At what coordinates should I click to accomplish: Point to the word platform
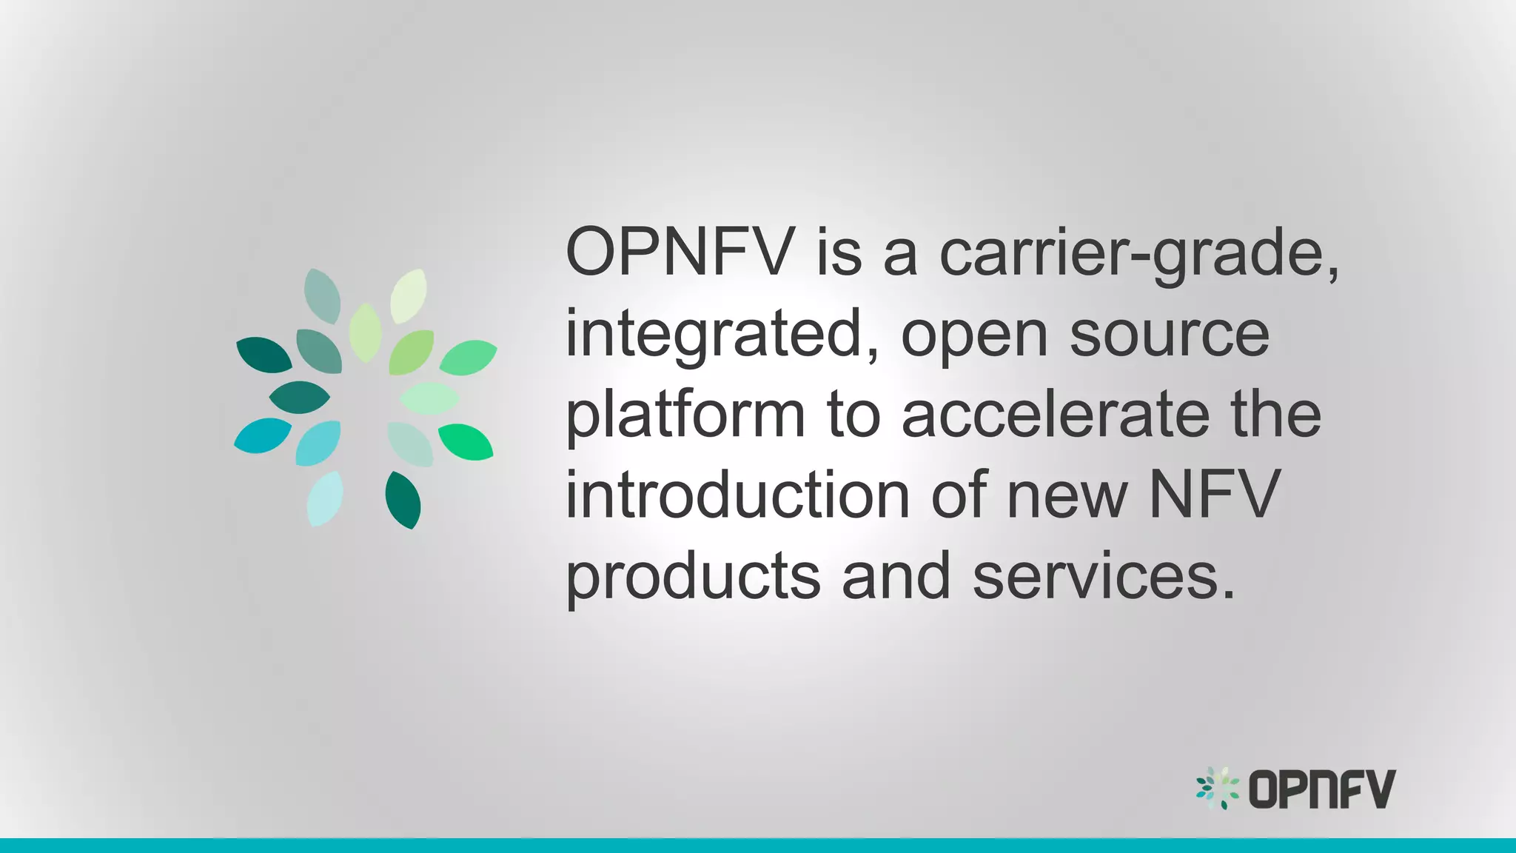click(685, 417)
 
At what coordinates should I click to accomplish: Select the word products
click(693, 578)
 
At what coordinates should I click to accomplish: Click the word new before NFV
click(1067, 496)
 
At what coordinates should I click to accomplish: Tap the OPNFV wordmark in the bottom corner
click(1322, 789)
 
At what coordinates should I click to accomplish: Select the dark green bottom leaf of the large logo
click(403, 500)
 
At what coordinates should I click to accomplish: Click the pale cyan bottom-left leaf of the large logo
click(325, 498)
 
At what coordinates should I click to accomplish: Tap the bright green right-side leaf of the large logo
click(466, 441)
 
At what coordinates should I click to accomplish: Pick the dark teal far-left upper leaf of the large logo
click(264, 355)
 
